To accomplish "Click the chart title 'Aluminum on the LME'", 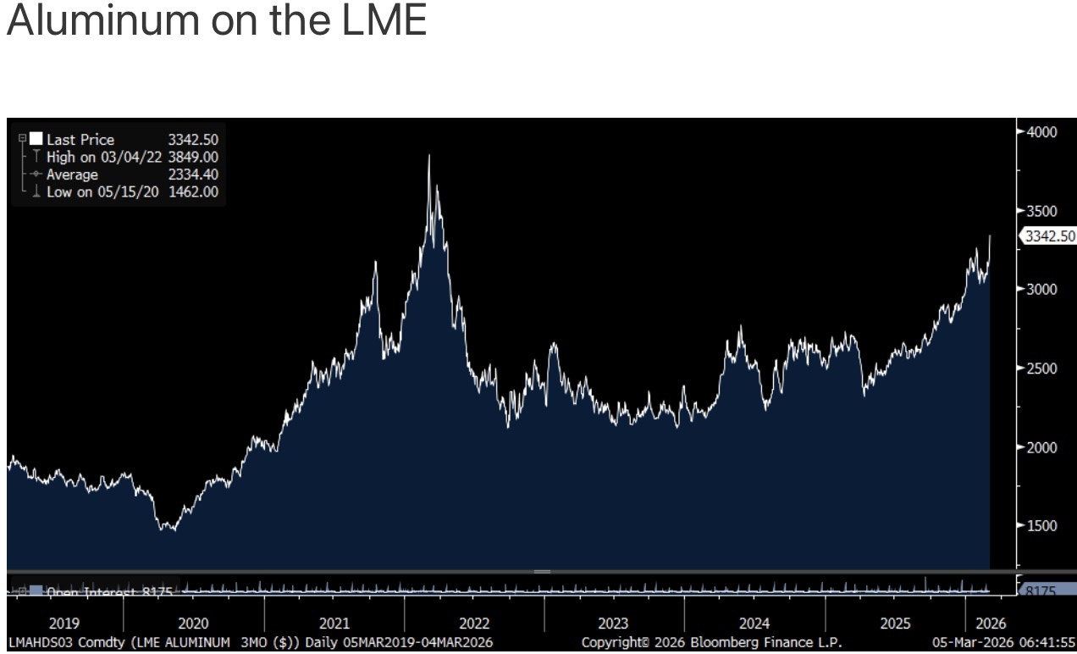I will click(216, 20).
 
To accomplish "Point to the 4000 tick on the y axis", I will click(1041, 132).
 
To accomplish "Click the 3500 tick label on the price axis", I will click(1041, 211).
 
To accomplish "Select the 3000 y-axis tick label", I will click(1041, 289).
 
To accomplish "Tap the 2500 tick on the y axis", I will click(1041, 369).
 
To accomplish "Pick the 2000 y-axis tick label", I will click(1041, 447).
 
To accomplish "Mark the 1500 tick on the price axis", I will click(1041, 525).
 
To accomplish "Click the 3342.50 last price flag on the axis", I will click(1049, 236).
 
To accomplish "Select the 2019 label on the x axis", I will click(64, 624).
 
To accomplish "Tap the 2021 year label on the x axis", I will click(334, 624).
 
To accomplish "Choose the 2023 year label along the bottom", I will click(613, 624).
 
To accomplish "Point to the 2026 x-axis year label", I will click(990, 624).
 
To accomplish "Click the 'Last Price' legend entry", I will click(80, 140).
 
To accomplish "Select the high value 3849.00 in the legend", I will click(193, 158).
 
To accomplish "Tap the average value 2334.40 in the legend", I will click(193, 175).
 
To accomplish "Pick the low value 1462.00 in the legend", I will click(193, 192).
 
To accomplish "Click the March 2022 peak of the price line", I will click(429, 155).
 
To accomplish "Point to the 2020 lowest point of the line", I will click(168, 530).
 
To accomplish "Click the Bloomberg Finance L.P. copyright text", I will click(711, 643).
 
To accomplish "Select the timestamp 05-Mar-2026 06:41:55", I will click(1003, 643).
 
